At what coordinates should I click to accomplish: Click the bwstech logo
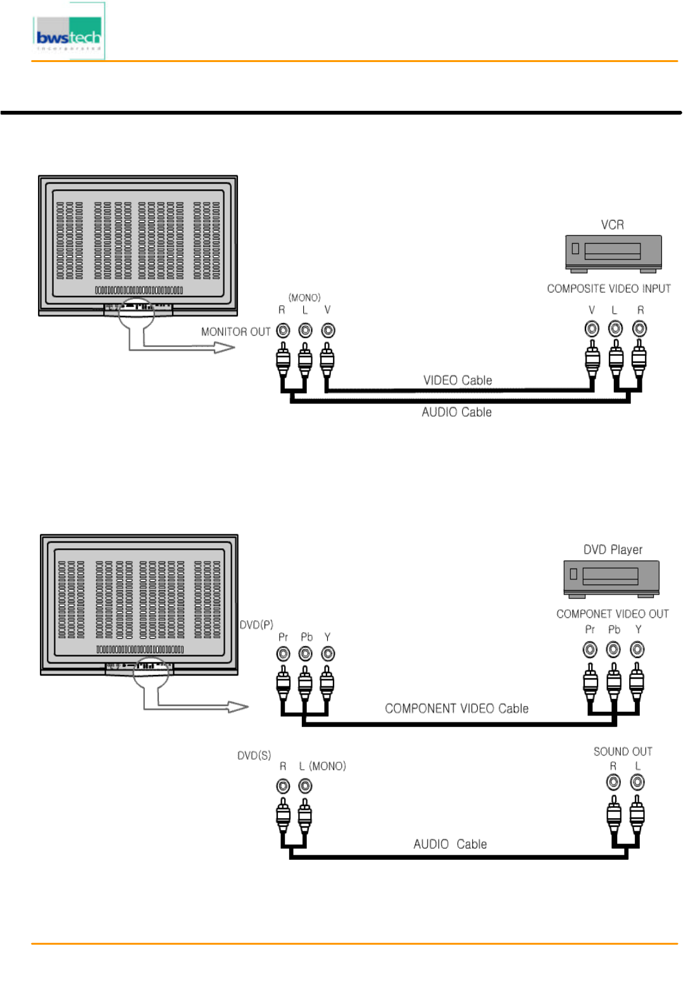[x=68, y=32]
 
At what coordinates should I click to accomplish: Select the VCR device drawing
[x=613, y=253]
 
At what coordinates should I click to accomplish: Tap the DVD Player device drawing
[x=611, y=578]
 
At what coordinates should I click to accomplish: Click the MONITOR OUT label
[x=235, y=332]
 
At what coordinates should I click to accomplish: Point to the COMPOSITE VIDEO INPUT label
[x=608, y=289]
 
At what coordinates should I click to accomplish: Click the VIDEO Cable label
[x=458, y=381]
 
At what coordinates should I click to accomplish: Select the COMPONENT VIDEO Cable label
[x=456, y=709]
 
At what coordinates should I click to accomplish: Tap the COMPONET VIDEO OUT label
[x=612, y=614]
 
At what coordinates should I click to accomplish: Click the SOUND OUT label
[x=622, y=752]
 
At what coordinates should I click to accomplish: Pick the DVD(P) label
[x=256, y=625]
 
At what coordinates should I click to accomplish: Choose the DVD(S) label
[x=254, y=755]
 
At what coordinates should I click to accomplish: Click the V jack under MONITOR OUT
[x=328, y=331]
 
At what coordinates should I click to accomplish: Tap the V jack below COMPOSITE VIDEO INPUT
[x=592, y=329]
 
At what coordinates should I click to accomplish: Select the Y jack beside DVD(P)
[x=328, y=653]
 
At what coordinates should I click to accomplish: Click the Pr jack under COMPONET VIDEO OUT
[x=590, y=650]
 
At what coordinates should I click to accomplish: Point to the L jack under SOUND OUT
[x=637, y=783]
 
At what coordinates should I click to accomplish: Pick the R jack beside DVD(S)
[x=283, y=786]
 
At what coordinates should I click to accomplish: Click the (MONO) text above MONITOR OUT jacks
[x=304, y=298]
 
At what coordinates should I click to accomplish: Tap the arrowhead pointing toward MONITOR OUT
[x=225, y=347]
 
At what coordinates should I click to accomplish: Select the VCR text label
[x=612, y=225]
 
